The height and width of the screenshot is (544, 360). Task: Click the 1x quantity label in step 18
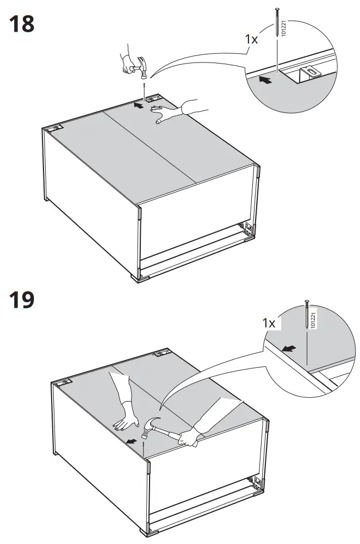click(251, 39)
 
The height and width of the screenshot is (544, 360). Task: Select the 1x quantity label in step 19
click(269, 323)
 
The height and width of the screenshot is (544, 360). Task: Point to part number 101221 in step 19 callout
click(313, 321)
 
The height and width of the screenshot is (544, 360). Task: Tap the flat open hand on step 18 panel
click(165, 115)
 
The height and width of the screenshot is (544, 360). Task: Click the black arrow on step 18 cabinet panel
click(139, 105)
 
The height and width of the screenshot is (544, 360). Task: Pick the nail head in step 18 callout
click(278, 10)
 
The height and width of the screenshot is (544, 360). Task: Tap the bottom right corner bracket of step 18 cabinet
click(249, 230)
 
